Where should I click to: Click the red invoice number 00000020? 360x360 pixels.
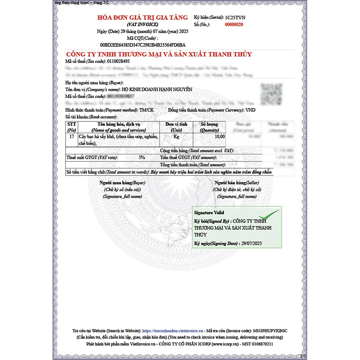234,25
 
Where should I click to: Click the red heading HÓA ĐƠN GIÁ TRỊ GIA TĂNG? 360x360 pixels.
143,17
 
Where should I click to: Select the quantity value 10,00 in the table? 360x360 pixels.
220,136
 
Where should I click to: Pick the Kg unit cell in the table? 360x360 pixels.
176,136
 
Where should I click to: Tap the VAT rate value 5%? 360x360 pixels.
142,157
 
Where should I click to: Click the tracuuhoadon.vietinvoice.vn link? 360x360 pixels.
173,331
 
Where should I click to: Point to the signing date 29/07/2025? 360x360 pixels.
251,243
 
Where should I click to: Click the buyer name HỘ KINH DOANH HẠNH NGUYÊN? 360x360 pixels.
159,89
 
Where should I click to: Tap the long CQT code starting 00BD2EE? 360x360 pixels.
143,45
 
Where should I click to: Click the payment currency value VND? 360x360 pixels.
250,110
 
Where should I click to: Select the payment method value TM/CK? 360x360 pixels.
147,110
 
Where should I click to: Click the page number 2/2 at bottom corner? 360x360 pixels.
303,356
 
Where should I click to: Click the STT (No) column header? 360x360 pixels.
72,127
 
